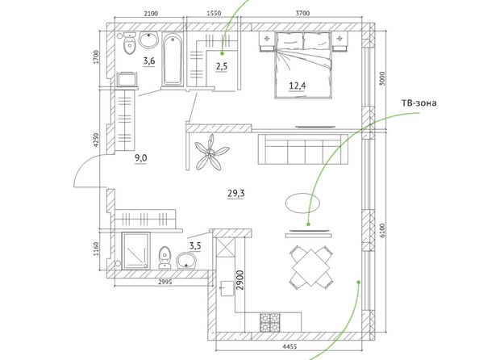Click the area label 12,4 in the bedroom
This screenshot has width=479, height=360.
[298, 86]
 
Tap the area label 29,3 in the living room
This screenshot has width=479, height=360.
[235, 193]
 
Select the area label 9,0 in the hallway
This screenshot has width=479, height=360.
[141, 158]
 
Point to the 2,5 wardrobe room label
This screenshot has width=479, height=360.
[222, 66]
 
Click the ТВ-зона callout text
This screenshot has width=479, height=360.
[419, 103]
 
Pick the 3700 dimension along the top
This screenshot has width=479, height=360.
[302, 13]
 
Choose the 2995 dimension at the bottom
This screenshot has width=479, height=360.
[165, 282]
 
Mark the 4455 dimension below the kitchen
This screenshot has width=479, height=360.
[289, 346]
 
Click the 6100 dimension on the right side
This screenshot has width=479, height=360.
[382, 231]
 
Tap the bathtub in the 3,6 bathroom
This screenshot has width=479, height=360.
[173, 60]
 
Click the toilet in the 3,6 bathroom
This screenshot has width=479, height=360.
[130, 44]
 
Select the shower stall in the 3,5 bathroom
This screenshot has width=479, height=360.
[136, 251]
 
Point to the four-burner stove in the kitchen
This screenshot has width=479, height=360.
[270, 322]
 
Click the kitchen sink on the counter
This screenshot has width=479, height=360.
[226, 289]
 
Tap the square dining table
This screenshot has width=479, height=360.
[311, 268]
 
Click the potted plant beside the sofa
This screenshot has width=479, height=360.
[211, 153]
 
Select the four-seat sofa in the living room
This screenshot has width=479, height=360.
[303, 149]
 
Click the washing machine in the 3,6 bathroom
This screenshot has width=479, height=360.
[127, 79]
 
